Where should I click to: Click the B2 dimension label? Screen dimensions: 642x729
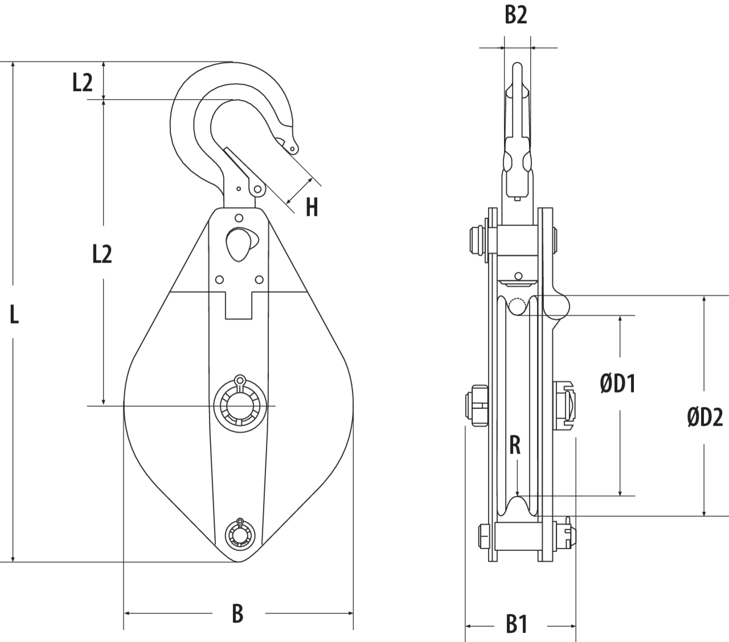tap(516, 16)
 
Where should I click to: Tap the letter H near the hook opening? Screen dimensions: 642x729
tap(311, 208)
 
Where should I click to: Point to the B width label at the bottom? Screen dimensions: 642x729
tap(238, 614)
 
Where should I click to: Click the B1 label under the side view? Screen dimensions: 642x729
tap(517, 625)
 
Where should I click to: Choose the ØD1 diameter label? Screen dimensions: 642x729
tap(618, 384)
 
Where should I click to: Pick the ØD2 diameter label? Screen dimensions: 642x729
tap(705, 418)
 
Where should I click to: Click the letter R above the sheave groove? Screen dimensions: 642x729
tap(515, 445)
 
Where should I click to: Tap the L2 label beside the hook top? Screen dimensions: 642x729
tap(83, 84)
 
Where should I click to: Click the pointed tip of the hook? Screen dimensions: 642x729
tap(293, 149)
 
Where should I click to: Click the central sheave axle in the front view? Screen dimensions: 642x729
tap(239, 405)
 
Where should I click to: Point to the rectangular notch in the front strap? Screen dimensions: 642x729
tap(239, 305)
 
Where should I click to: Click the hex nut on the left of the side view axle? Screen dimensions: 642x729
tap(477, 406)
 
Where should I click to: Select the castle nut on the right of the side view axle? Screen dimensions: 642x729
tap(564, 405)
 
